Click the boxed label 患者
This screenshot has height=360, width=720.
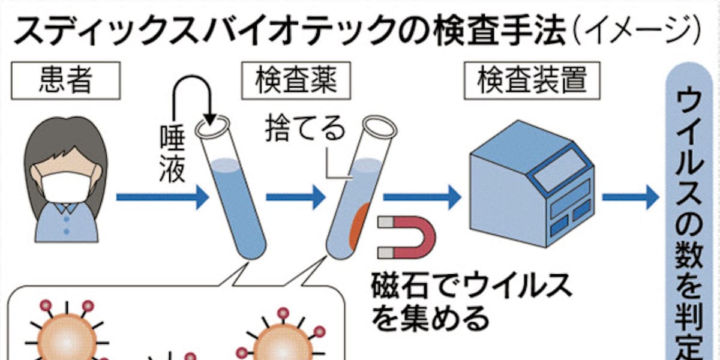tap(67, 82)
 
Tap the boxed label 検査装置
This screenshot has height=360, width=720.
tap(532, 82)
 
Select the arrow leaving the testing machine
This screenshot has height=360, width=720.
tap(630, 197)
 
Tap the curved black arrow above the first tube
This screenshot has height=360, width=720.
tap(193, 99)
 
